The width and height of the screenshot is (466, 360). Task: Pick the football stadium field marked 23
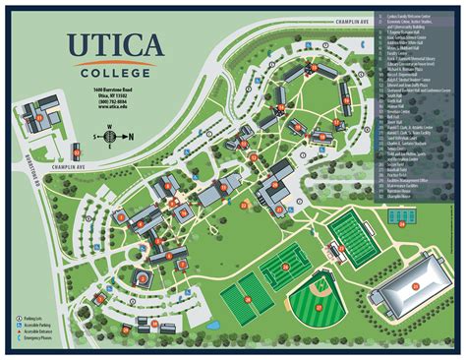pyautogui.click(x=352, y=237)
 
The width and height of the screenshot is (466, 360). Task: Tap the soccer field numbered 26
pyautogui.click(x=284, y=263)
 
